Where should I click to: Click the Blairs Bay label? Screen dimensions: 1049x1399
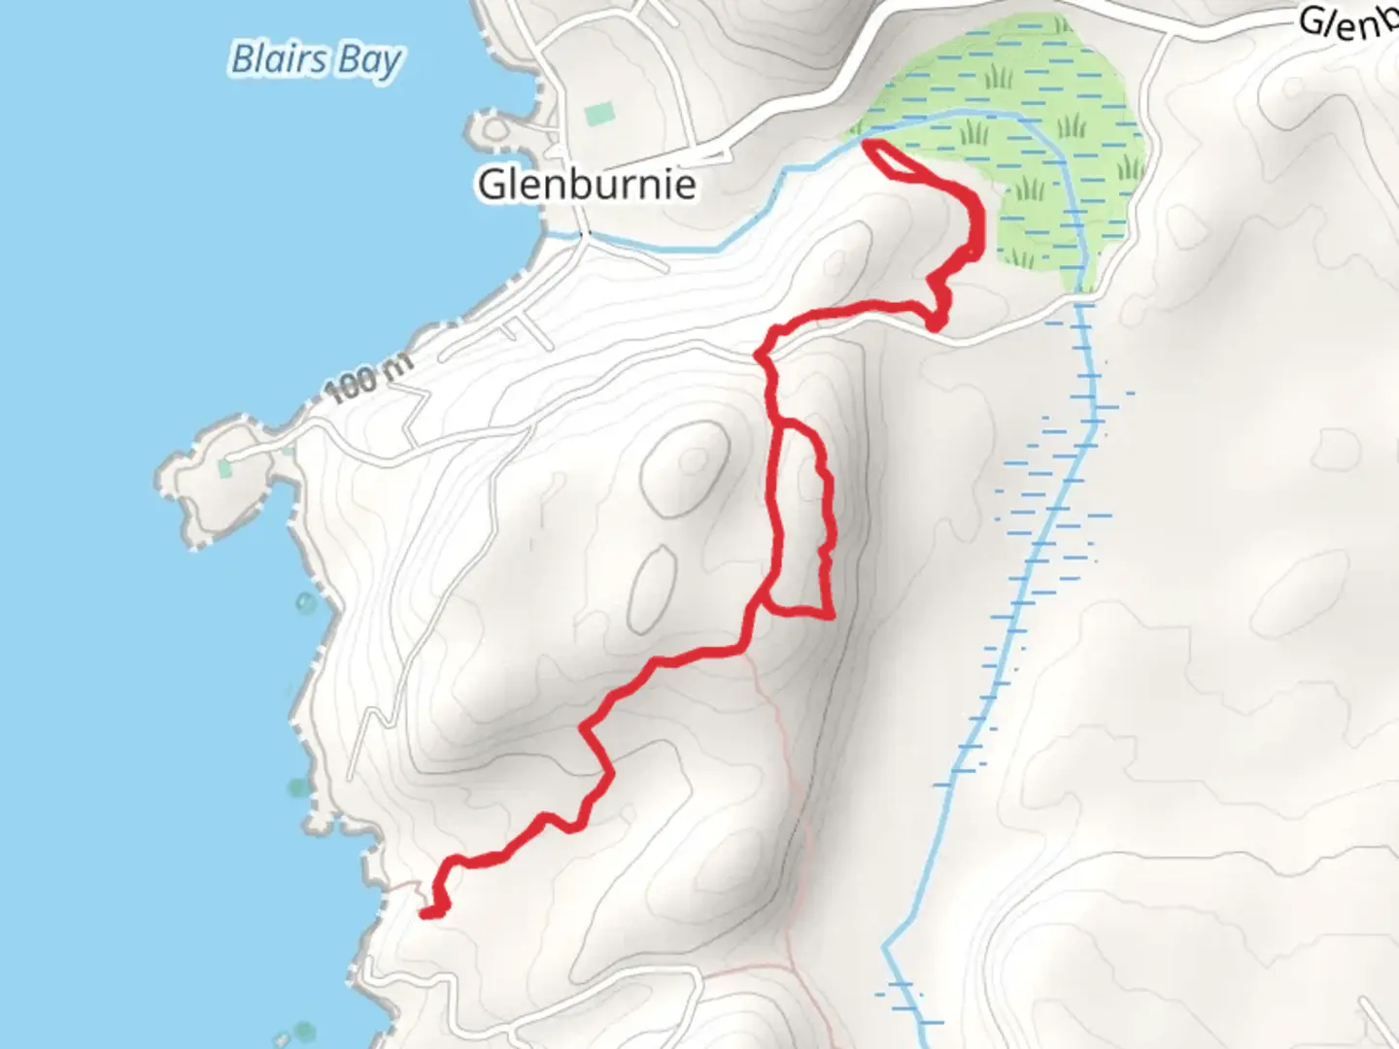316,60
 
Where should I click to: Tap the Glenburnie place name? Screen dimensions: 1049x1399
587,184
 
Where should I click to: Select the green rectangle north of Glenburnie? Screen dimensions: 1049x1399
599,114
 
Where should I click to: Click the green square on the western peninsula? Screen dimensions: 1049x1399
226,468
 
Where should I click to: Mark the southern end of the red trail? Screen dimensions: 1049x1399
428,912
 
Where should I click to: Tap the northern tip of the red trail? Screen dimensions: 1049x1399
869,146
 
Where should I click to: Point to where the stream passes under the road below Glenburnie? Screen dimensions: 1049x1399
583,235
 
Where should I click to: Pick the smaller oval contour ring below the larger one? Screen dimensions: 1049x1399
653,587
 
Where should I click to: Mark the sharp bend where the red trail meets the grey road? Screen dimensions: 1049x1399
763,355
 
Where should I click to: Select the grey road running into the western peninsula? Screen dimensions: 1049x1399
282,437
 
